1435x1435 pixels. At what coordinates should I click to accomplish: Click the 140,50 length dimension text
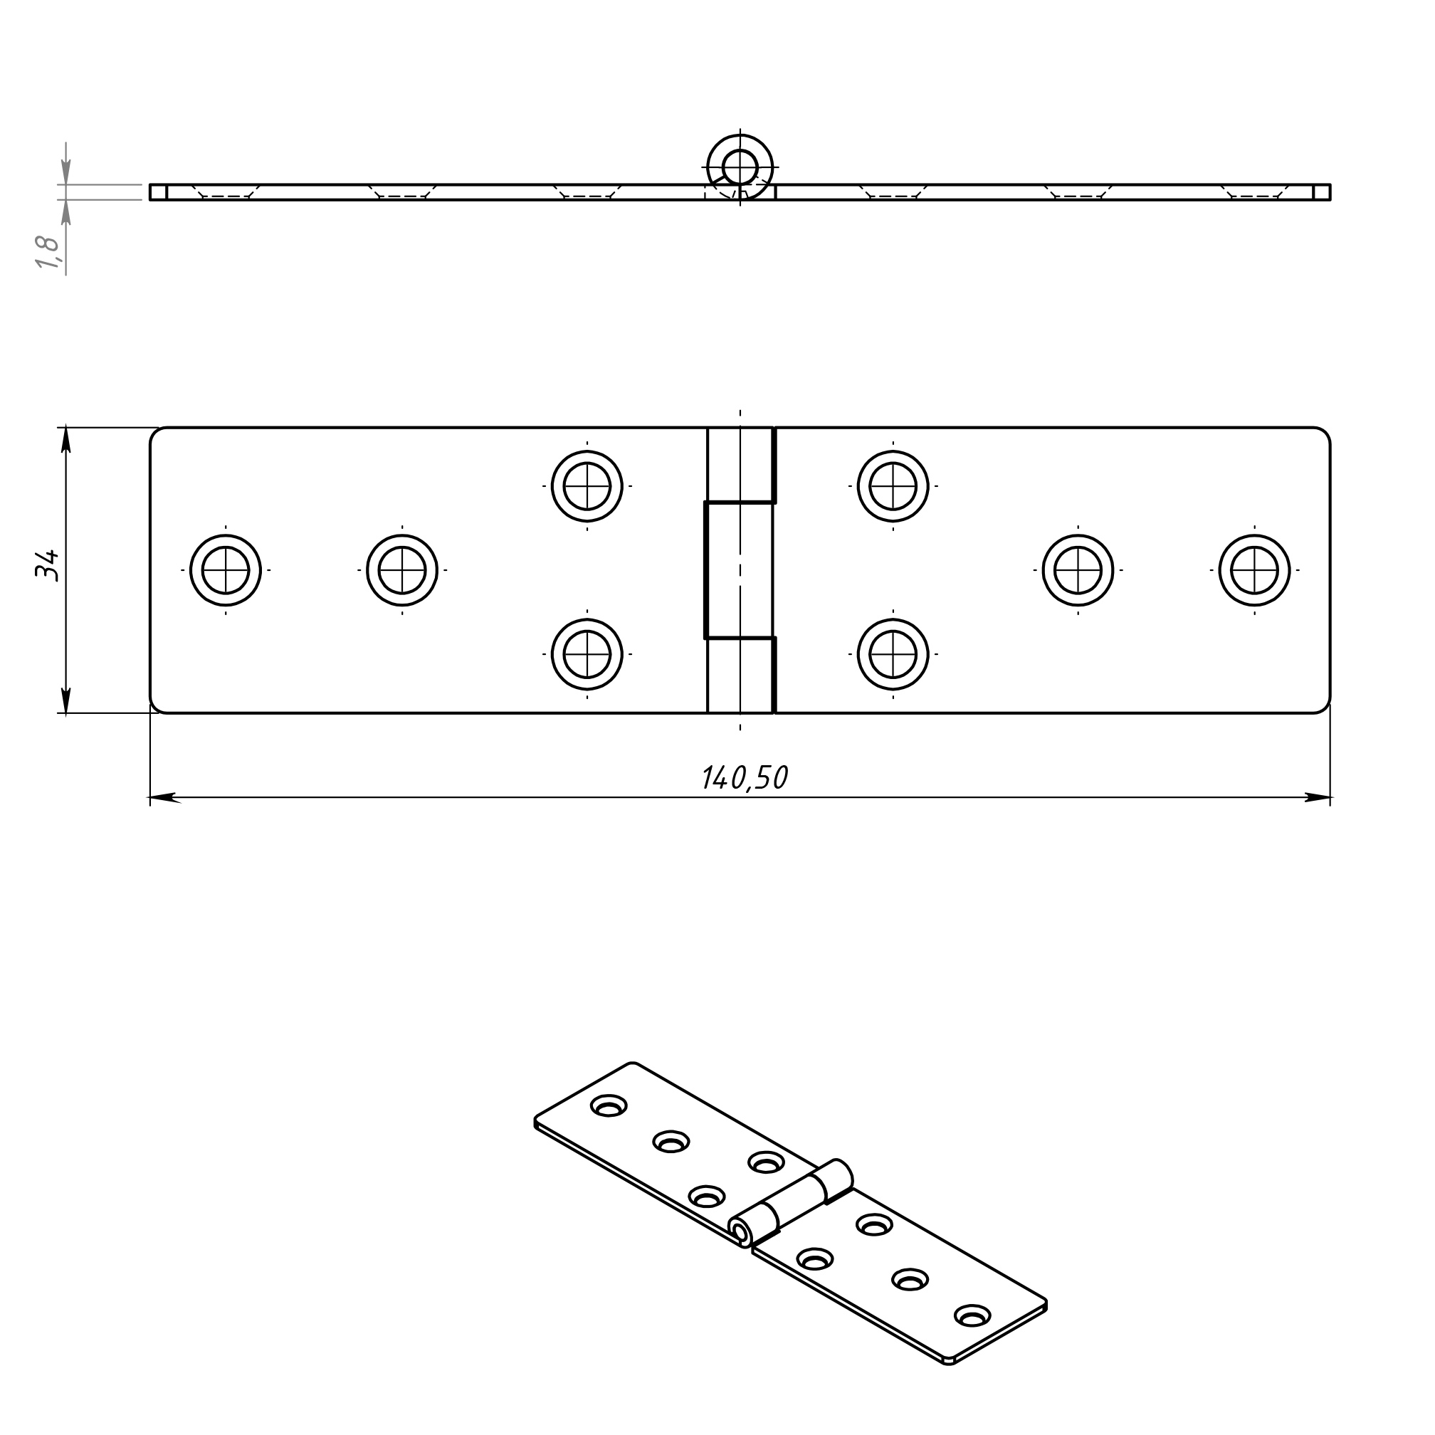pyautogui.click(x=745, y=778)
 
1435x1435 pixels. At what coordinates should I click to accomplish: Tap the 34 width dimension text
pyautogui.click(x=47, y=566)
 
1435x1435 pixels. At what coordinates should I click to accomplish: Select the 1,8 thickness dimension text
pyautogui.click(x=47, y=252)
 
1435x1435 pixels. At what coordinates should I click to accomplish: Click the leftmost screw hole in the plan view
pyautogui.click(x=226, y=570)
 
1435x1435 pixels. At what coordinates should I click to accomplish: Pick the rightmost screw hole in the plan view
pyautogui.click(x=1254, y=570)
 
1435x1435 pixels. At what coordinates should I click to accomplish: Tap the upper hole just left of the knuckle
pyautogui.click(x=587, y=486)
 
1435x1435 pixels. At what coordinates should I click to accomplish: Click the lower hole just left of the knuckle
pyautogui.click(x=587, y=654)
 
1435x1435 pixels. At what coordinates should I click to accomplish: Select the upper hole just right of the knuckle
pyautogui.click(x=893, y=486)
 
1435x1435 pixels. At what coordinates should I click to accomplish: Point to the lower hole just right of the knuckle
pyautogui.click(x=893, y=654)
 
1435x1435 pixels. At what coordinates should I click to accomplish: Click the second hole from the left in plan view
pyautogui.click(x=402, y=570)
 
